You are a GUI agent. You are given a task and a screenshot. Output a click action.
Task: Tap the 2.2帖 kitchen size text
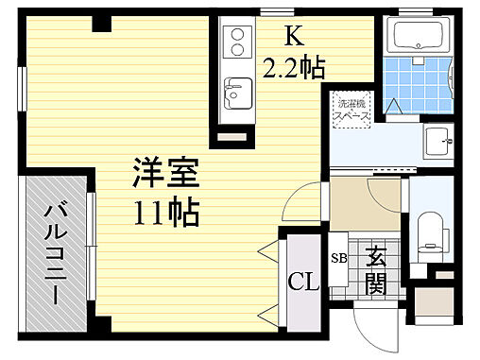click(294, 67)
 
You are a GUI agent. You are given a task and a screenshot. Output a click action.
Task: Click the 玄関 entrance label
click(375, 269)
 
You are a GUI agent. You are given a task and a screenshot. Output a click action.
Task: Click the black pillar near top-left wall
click(97, 25)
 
